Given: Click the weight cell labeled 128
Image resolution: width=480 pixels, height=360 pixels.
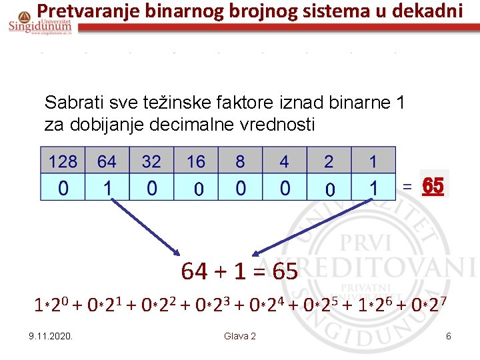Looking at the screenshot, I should pyautogui.click(x=63, y=161).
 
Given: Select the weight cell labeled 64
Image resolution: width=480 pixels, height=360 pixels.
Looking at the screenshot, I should pyautogui.click(x=107, y=161).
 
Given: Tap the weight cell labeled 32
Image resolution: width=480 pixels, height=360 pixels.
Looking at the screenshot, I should pyautogui.click(x=151, y=161).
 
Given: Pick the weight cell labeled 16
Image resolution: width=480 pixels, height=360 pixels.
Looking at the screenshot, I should pyautogui.click(x=196, y=161).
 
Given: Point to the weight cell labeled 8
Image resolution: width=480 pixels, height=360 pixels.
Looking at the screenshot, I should pyautogui.click(x=240, y=161).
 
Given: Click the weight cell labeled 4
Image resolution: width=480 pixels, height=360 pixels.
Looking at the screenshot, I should pyautogui.click(x=285, y=161).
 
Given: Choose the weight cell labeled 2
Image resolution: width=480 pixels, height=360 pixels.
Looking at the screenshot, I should pyautogui.click(x=329, y=161).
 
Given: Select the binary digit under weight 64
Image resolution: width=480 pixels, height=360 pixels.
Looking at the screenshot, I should pyautogui.click(x=107, y=188).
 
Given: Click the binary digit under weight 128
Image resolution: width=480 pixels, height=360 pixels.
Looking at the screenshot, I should pyautogui.click(x=63, y=188).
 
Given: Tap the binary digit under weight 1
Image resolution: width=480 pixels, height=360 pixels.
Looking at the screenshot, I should pyautogui.click(x=373, y=188).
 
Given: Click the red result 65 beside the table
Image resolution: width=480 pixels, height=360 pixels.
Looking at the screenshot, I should pyautogui.click(x=433, y=187).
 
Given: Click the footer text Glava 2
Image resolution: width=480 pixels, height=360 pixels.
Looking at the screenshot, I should pyautogui.click(x=240, y=336).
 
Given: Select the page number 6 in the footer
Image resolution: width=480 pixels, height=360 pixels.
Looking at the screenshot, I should pyautogui.click(x=449, y=336).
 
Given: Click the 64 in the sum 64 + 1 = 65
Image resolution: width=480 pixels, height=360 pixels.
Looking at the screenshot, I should pyautogui.click(x=194, y=272).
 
